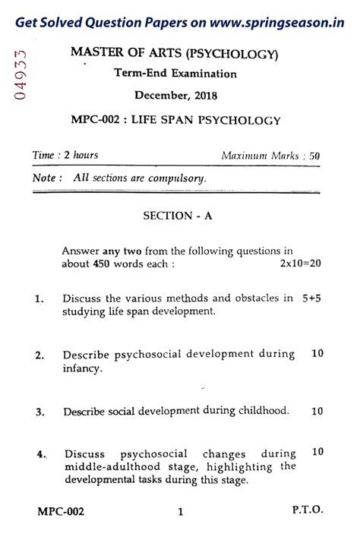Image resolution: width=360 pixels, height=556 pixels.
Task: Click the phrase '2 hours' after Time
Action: click(x=81, y=156)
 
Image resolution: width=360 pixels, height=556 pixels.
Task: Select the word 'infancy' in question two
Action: click(x=81, y=368)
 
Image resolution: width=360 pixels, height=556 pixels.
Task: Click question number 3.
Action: click(x=39, y=412)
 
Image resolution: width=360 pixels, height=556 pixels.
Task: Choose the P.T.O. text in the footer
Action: click(x=307, y=511)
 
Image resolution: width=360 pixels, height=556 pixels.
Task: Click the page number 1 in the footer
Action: click(x=180, y=512)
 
